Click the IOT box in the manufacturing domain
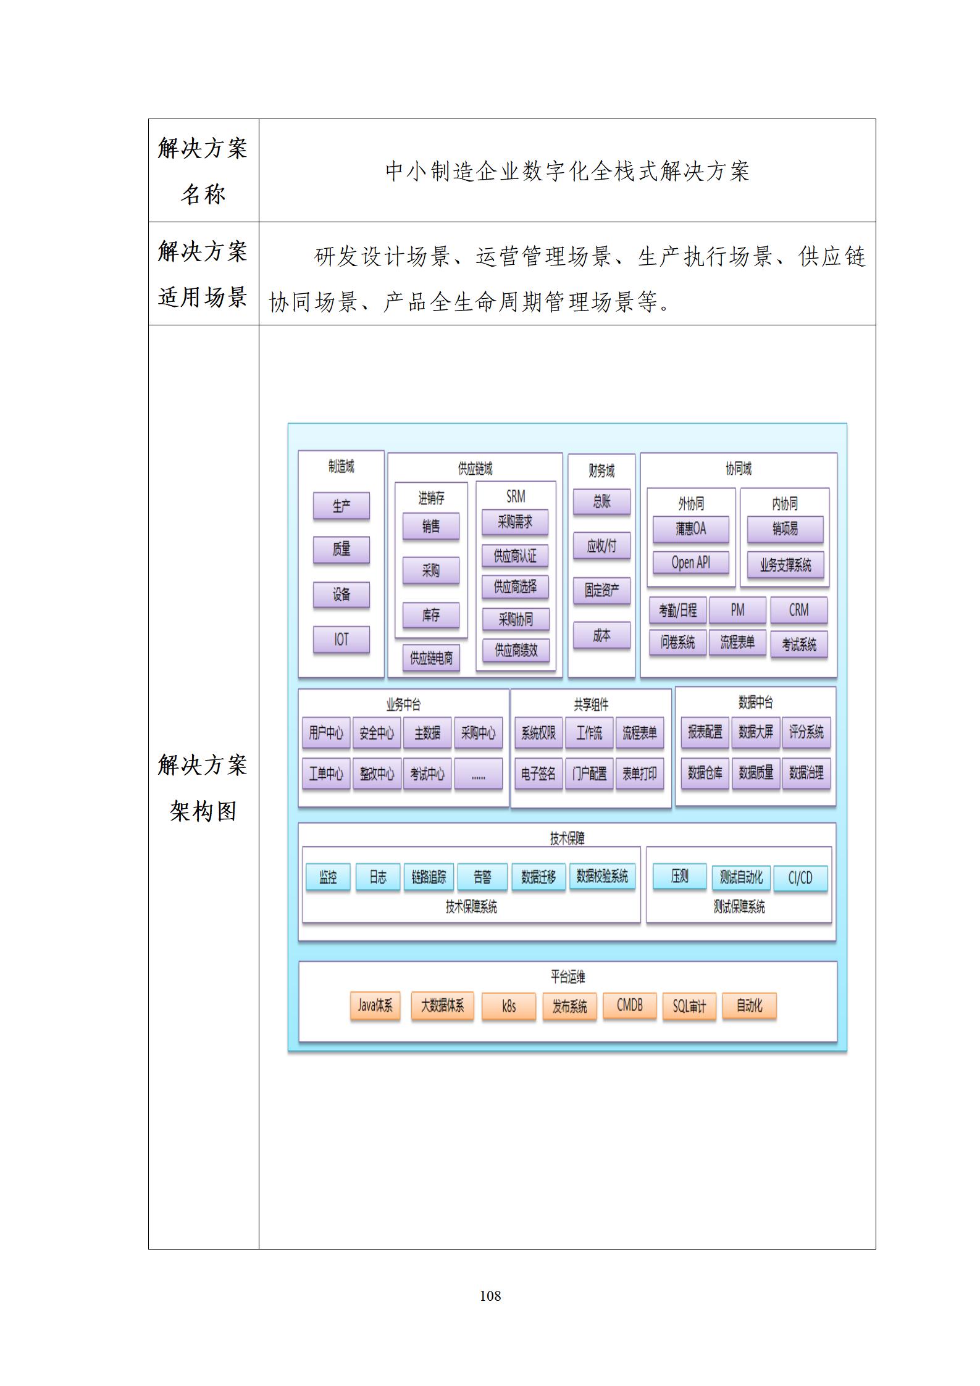pos(341,640)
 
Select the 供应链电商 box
pos(431,658)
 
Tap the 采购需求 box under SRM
pos(515,522)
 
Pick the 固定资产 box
pos(601,590)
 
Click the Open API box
pos(690,562)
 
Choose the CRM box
pos(798,610)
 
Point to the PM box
pos(737,610)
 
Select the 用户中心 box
pos(326,733)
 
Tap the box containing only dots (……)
pos(478,774)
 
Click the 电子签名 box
pos(538,774)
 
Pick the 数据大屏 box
pos(756,732)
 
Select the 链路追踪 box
pos(429,877)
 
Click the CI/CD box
pos(800,877)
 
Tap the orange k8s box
pos(508,1006)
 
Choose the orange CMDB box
pos(629,1006)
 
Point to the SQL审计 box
pos(689,1007)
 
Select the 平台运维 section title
pos(567,977)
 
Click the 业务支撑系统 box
pos(785,565)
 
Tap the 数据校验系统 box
pos(602,876)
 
